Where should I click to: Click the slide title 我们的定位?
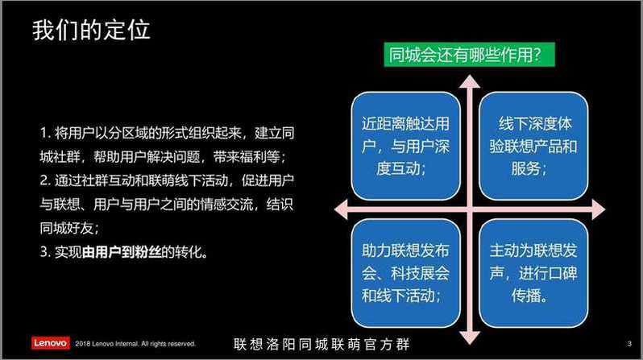coord(91,30)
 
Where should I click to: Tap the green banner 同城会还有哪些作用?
coord(469,55)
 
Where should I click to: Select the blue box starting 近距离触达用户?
coord(405,146)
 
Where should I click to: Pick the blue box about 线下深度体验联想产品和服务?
coord(533,146)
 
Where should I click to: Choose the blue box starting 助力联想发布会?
coord(405,273)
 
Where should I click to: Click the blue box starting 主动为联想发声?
coord(533,273)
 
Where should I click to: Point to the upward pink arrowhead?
coord(470,81)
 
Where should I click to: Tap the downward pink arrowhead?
coord(470,337)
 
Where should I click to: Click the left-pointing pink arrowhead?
coord(341,209)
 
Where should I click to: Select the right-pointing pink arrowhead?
coord(599,209)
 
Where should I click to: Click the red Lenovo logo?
coord(51,343)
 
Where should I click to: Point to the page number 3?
coord(629,344)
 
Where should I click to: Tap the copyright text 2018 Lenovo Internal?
coord(107,344)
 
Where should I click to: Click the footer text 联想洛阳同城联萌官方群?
coord(321,344)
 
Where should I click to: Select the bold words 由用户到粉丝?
coord(122,252)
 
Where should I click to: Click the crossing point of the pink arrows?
coord(470,209)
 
